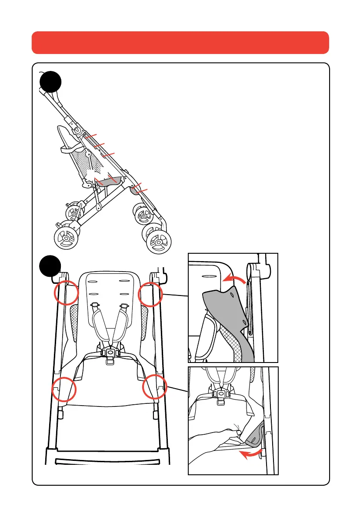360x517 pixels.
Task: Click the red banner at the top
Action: pos(180,42)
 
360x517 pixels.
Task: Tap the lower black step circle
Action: pos(50,266)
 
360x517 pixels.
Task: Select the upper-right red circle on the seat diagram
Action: pos(150,295)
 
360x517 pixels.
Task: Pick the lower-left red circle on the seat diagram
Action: pos(63,388)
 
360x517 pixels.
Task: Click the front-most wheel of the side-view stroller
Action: pos(66,237)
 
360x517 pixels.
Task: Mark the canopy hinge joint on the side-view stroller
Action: pos(77,131)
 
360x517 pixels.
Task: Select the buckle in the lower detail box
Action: pos(222,395)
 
